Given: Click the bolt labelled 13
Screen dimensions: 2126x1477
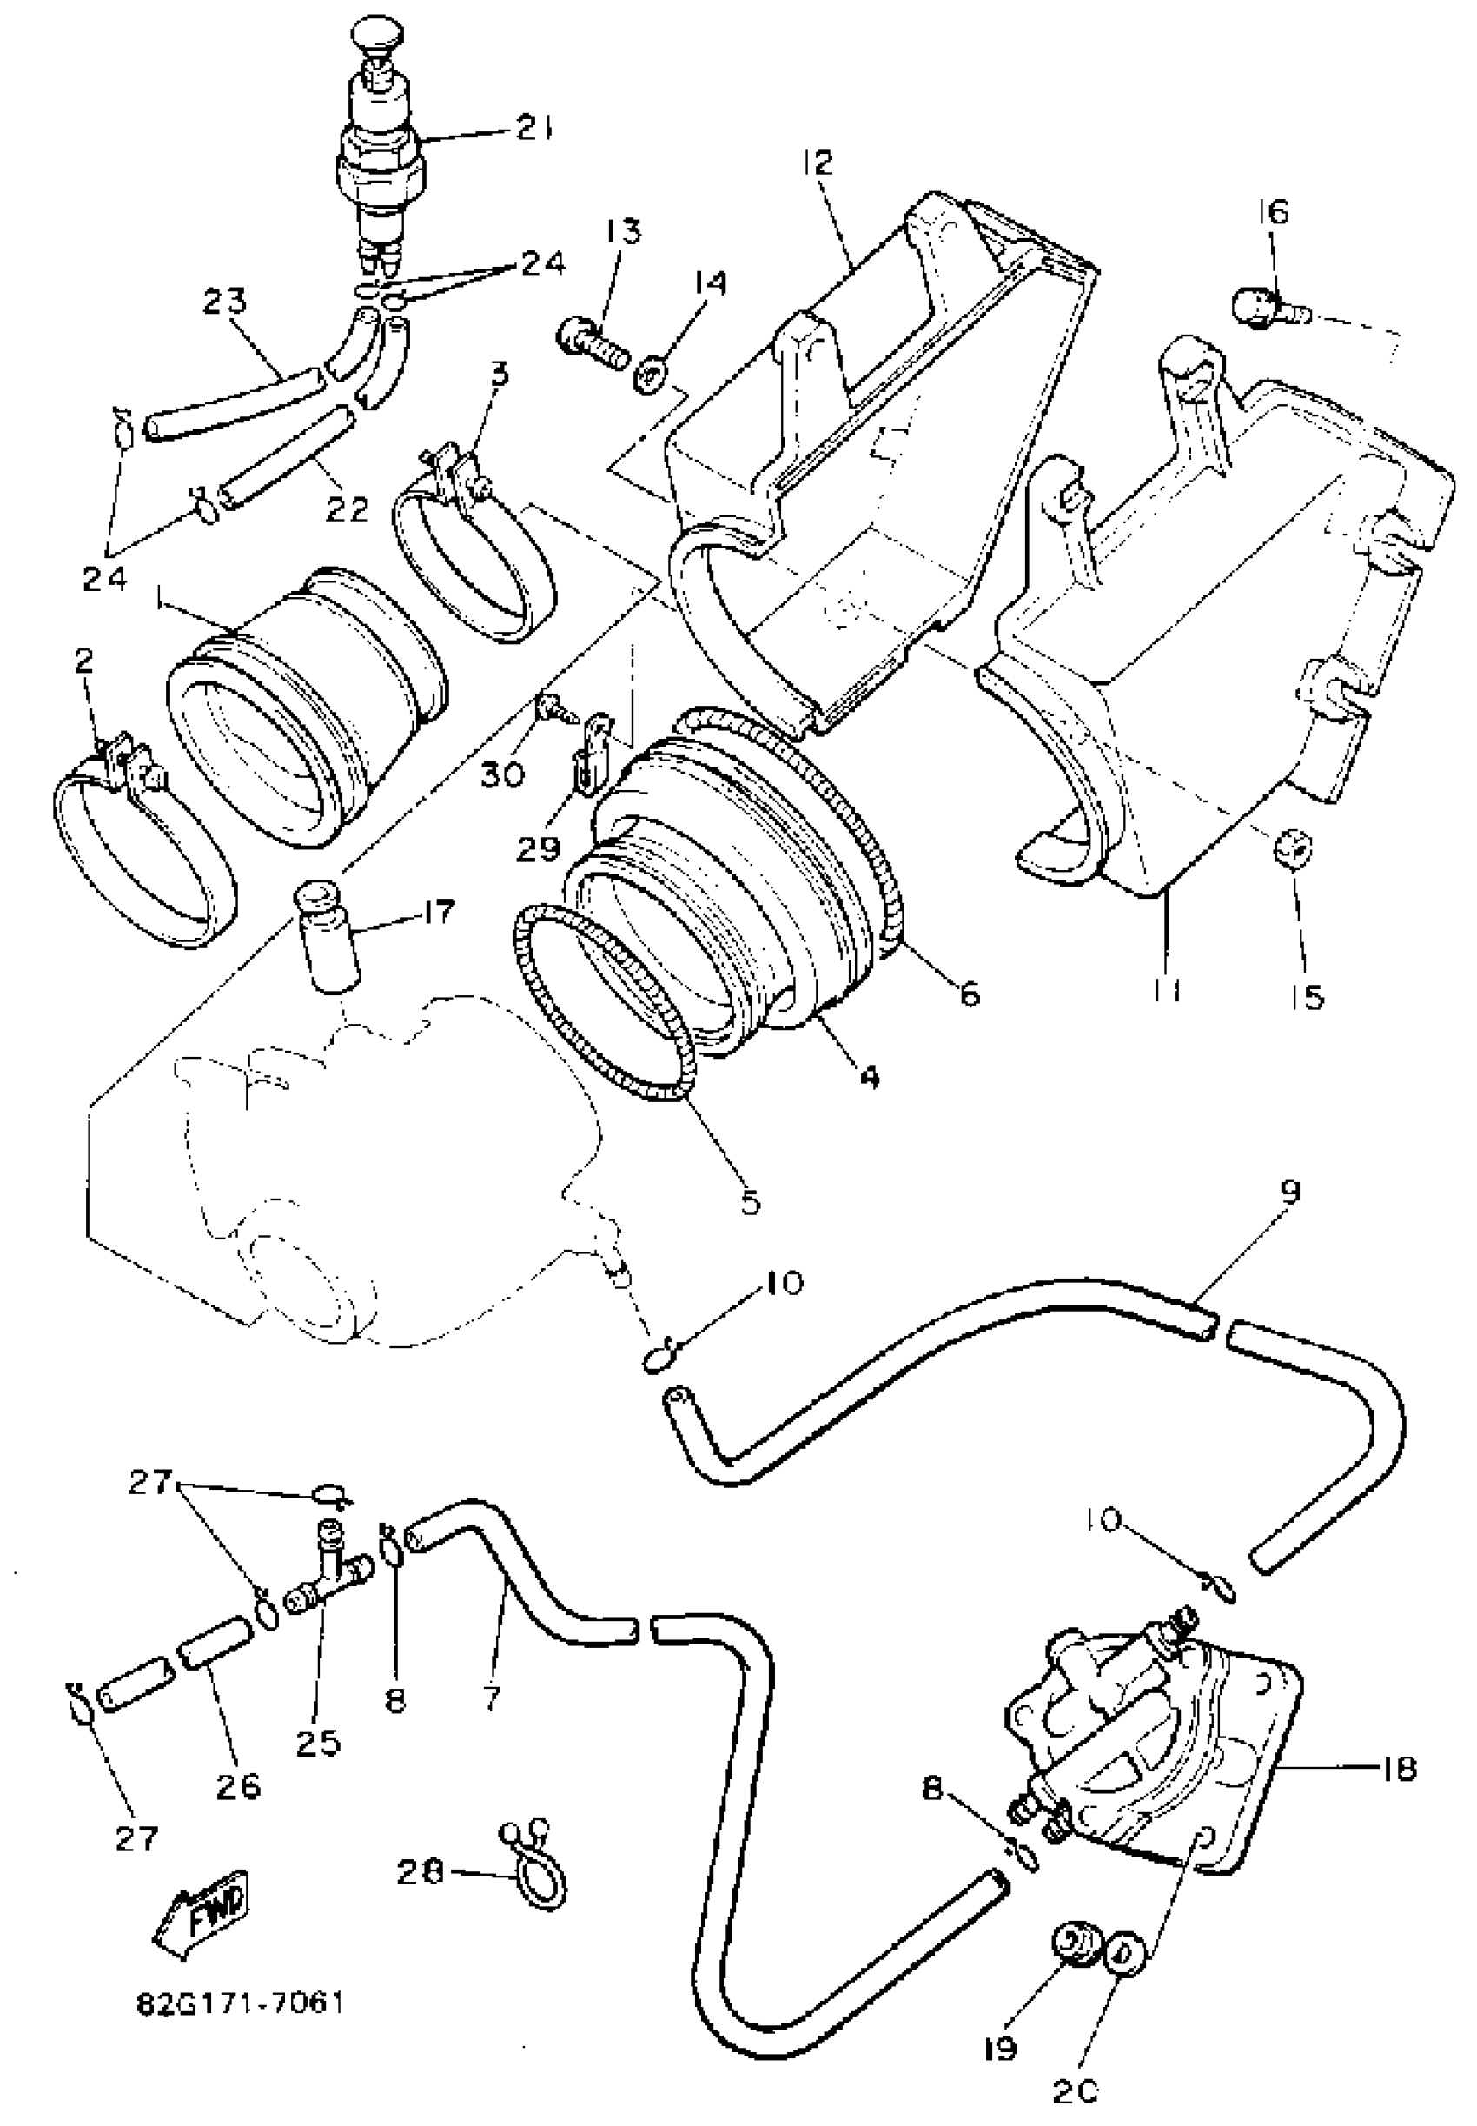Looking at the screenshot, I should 593,342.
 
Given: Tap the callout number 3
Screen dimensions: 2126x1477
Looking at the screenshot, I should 500,375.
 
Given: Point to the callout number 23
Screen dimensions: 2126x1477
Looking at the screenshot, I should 226,302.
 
